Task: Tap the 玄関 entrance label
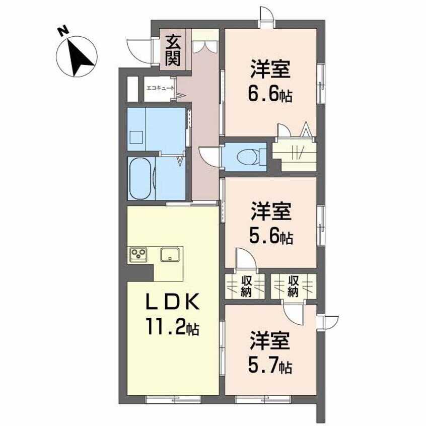[x=173, y=49]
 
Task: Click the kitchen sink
[x=170, y=255]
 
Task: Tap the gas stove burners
[x=138, y=255]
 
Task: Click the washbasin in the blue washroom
[x=135, y=136]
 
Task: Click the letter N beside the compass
[x=62, y=32]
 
